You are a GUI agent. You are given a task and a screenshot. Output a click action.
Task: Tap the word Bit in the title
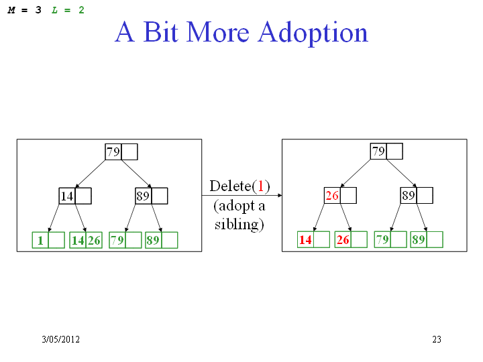point(161,32)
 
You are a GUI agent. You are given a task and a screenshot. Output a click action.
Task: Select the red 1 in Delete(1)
point(261,186)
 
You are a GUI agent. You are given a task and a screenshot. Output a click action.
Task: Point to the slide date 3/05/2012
point(60,339)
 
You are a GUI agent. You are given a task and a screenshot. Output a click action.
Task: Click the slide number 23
point(437,339)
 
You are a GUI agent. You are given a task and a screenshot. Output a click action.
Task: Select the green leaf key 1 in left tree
point(40,241)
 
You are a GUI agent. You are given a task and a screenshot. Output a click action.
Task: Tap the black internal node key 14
point(67,196)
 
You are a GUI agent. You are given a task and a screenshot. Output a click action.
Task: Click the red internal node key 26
point(332,196)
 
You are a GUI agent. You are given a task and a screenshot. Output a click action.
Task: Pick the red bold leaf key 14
point(305,240)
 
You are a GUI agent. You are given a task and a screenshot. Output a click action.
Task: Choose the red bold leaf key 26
point(343,240)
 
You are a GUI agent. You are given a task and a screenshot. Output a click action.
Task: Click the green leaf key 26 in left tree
point(94,241)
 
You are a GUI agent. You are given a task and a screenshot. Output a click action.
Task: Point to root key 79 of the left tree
point(113,152)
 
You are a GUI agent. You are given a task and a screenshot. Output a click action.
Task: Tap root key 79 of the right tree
point(378,151)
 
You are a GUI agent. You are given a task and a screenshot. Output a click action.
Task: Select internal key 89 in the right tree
point(408,196)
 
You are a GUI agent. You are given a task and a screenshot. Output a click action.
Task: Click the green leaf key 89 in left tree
point(153,241)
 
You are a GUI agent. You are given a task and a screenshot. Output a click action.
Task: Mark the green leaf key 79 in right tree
point(382,240)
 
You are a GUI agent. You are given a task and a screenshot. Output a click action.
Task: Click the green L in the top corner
point(54,10)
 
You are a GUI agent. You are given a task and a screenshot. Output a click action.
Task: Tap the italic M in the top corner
point(11,10)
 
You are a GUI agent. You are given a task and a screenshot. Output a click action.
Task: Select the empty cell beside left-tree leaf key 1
point(56,240)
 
